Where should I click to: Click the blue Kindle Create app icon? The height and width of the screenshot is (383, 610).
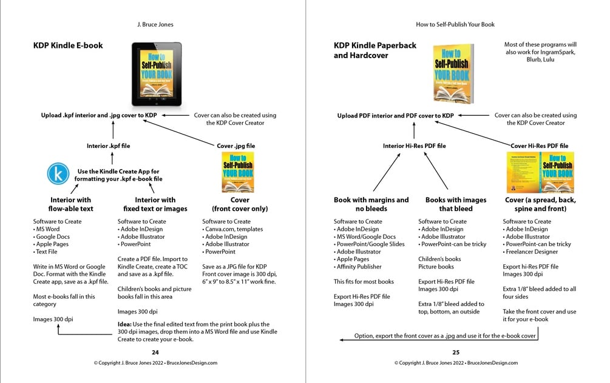point(58,175)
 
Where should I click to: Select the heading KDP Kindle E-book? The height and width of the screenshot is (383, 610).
point(68,45)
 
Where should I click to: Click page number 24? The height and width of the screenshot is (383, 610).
point(155,351)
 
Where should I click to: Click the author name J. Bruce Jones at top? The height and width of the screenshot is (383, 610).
point(155,25)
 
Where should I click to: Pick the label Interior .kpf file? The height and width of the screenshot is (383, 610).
point(108,146)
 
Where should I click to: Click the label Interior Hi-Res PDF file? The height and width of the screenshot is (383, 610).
point(415,146)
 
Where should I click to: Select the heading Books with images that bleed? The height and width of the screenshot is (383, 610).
point(455,204)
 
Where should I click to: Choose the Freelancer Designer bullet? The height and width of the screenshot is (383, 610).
point(532,251)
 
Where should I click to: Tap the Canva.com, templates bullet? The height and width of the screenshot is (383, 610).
point(233,229)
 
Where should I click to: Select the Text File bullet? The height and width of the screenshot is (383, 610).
point(47,251)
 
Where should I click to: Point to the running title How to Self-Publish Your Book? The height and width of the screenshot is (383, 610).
point(455,25)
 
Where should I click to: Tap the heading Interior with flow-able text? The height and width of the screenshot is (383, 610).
point(71,204)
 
